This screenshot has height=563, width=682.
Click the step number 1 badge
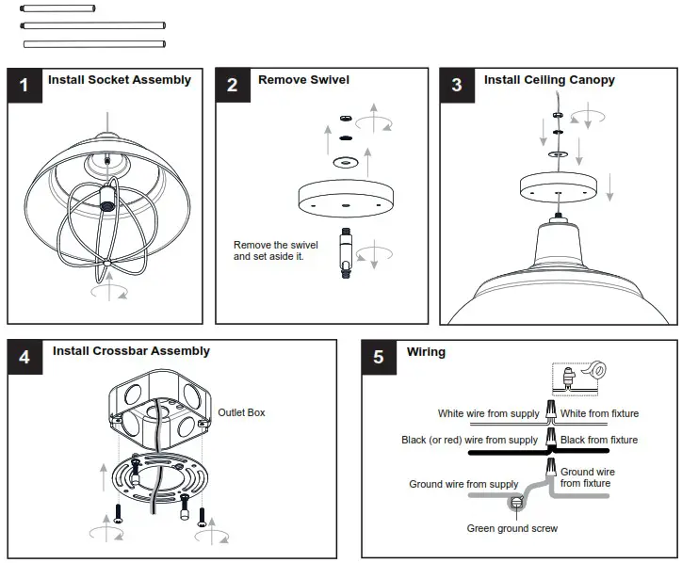pyautogui.click(x=24, y=86)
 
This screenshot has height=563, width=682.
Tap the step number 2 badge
pyautogui.click(x=233, y=86)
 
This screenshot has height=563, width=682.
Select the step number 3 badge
pyautogui.click(x=457, y=86)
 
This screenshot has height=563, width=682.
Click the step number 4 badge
pyautogui.click(x=24, y=357)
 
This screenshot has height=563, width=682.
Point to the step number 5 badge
pyautogui.click(x=379, y=357)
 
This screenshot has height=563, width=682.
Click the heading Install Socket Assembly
pyautogui.click(x=120, y=80)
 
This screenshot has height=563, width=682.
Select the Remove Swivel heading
pyautogui.click(x=303, y=80)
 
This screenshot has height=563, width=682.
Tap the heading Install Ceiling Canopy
pyautogui.click(x=549, y=80)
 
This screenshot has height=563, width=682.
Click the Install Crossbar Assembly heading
pyautogui.click(x=131, y=351)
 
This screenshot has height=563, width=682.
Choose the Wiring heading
pyautogui.click(x=426, y=352)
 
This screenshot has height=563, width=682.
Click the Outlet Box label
pyautogui.click(x=242, y=412)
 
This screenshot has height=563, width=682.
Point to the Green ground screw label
pyautogui.click(x=512, y=528)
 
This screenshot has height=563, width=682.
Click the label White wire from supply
pyautogui.click(x=488, y=413)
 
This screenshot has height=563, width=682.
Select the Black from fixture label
pyautogui.click(x=598, y=440)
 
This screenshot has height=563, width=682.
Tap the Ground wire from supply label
pyautogui.click(x=463, y=484)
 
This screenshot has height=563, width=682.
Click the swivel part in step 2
pyautogui.click(x=345, y=255)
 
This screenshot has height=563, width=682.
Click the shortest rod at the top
pyautogui.click(x=56, y=8)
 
